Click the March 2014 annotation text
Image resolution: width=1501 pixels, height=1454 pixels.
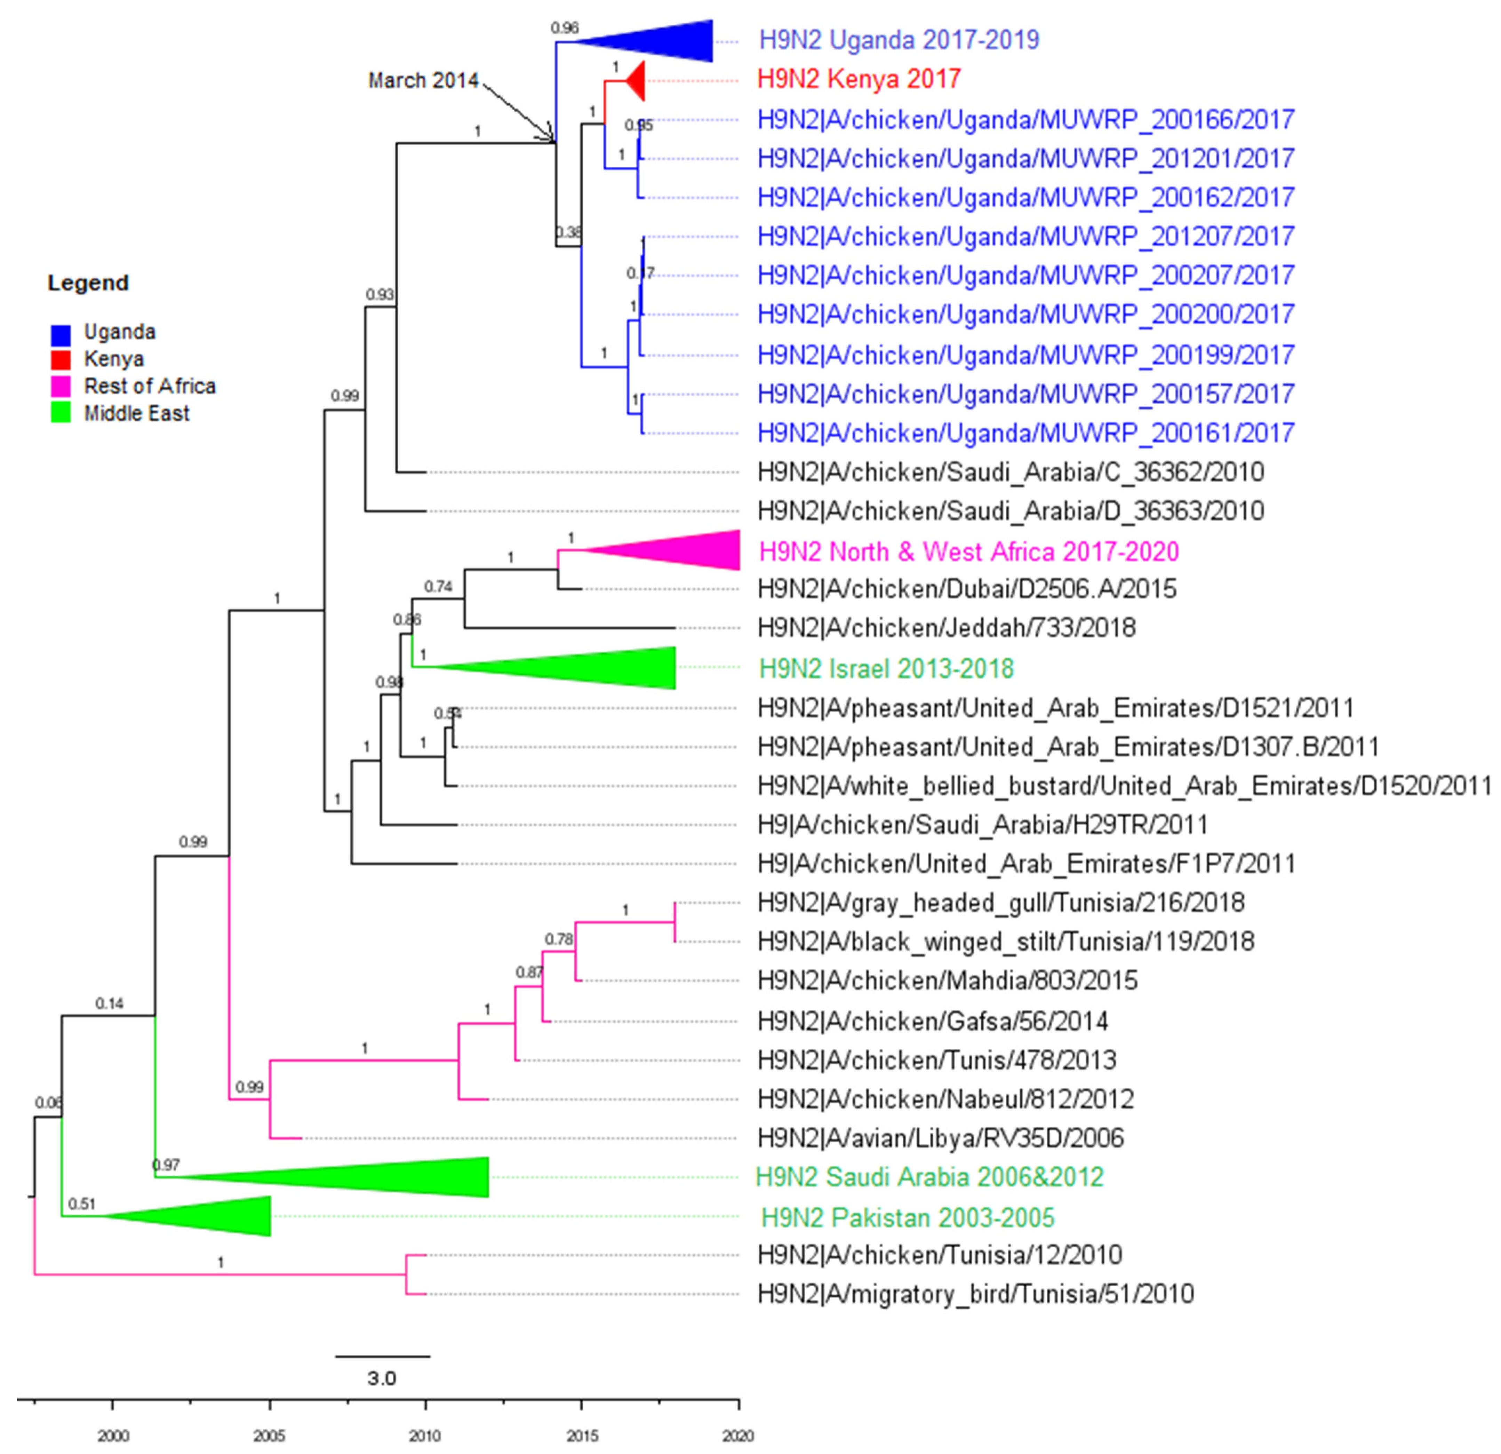click(423, 80)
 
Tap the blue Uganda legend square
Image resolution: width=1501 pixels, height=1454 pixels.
click(61, 334)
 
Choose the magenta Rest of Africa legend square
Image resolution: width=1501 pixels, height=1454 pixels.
click(61, 386)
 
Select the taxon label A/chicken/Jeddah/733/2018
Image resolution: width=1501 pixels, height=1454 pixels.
click(947, 628)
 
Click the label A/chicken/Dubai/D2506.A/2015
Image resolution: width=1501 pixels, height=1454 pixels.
click(966, 589)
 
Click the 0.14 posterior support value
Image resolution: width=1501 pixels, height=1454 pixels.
click(110, 1003)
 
